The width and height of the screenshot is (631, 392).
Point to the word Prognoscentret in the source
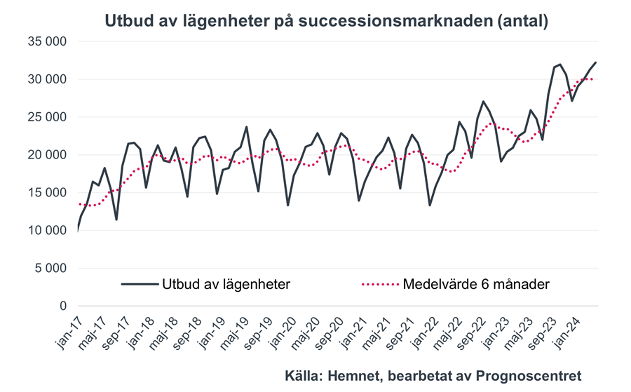[533, 375]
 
